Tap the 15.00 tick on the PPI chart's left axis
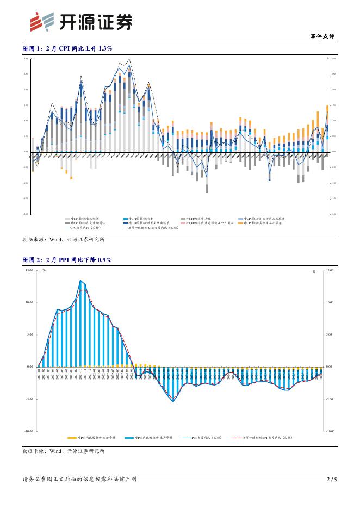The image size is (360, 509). pyautogui.click(x=28, y=270)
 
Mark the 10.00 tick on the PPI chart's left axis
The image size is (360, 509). pyautogui.click(x=28, y=302)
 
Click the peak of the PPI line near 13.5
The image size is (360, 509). pyautogui.click(x=80, y=281)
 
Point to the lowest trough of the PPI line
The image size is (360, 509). pyautogui.click(x=173, y=401)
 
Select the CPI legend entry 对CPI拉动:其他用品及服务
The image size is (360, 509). pyautogui.click(x=263, y=222)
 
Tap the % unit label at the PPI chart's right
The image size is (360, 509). pyautogui.click(x=314, y=271)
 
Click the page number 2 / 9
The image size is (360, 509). pyautogui.click(x=332, y=479)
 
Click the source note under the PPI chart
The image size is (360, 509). pyautogui.click(x=63, y=451)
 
